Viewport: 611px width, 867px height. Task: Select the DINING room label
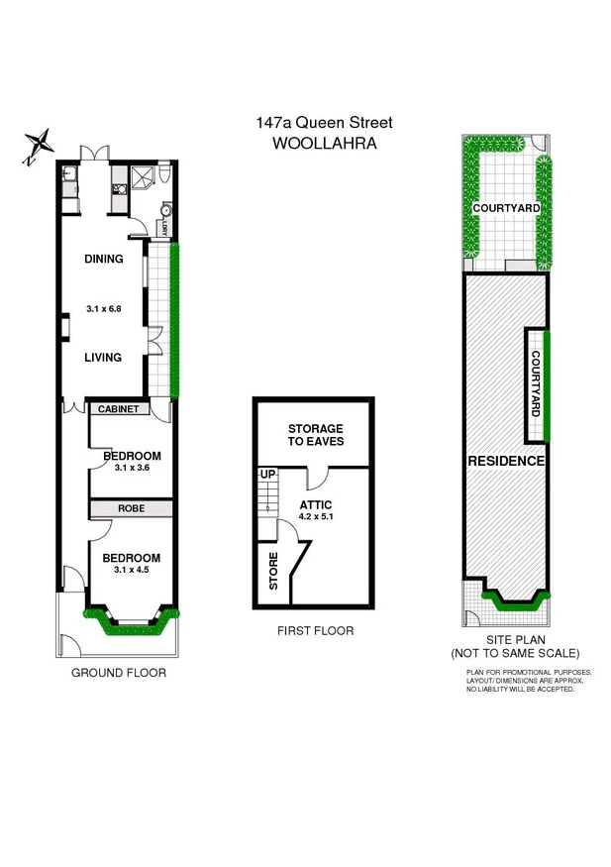pos(103,260)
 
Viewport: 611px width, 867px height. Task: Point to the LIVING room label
pos(103,358)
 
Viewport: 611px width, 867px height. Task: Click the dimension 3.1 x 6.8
pos(103,309)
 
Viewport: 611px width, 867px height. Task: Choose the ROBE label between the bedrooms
pos(132,508)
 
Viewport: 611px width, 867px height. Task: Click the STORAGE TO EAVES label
pos(316,435)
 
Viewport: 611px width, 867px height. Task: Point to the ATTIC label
pos(316,503)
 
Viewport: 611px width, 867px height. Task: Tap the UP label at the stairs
pos(266,476)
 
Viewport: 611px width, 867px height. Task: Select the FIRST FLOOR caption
pos(316,631)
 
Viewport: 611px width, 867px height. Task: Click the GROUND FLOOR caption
pos(118,673)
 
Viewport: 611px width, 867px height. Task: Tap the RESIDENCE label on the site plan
pos(505,462)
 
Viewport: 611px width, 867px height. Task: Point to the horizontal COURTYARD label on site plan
pos(505,209)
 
